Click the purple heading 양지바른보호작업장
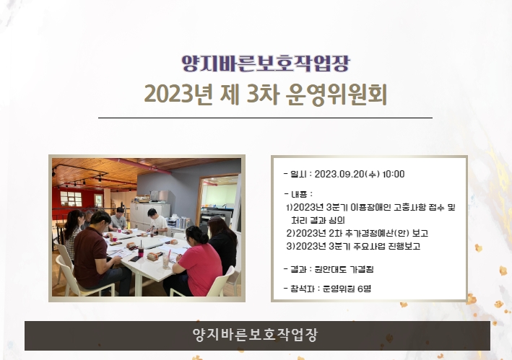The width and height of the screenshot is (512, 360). tap(266, 63)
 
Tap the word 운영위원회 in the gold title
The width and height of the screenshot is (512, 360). tap(336, 95)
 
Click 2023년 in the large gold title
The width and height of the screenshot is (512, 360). tap(178, 95)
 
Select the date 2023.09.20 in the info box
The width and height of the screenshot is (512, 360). tap(339, 174)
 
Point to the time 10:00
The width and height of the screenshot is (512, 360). tap(394, 174)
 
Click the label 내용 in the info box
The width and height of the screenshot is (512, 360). tap(299, 194)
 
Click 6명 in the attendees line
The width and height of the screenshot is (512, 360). tap(365, 289)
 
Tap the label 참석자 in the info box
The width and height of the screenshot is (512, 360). tap(303, 289)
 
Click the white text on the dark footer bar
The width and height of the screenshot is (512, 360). tap(255, 335)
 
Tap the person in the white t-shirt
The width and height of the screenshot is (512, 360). tap(157, 221)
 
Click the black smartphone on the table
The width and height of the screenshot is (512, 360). tap(134, 259)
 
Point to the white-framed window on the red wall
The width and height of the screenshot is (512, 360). tap(71, 198)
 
